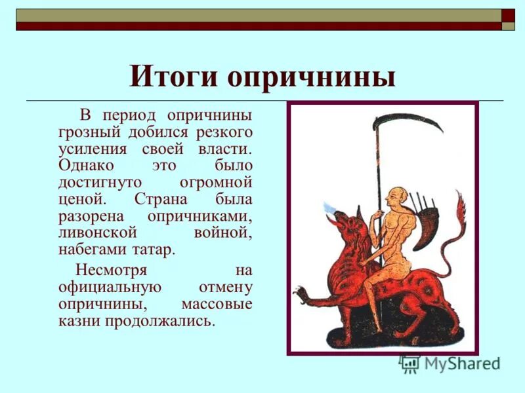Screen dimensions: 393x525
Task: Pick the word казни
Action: point(77,322)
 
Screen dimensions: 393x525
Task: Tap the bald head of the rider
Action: point(394,195)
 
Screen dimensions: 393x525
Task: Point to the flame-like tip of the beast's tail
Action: point(460,206)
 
